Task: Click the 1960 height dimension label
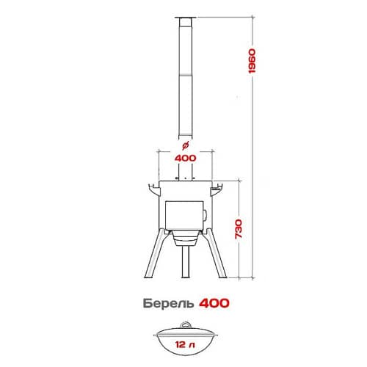click(x=252, y=61)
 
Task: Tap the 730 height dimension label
click(x=239, y=229)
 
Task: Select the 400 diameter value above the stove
click(x=186, y=158)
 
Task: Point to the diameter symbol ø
click(x=186, y=145)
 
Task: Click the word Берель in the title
click(x=169, y=304)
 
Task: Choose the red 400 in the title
click(x=214, y=303)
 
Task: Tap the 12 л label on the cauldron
click(x=185, y=345)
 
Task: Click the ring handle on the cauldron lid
click(x=186, y=325)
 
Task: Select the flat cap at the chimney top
click(x=186, y=18)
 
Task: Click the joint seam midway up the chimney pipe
click(x=186, y=74)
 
